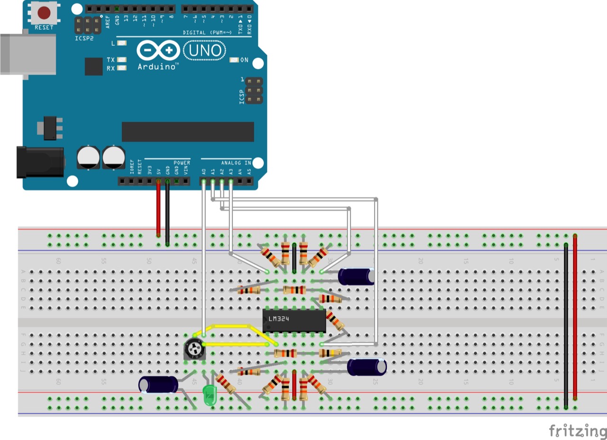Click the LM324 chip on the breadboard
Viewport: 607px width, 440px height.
coord(294,320)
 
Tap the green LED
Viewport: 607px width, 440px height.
coord(209,395)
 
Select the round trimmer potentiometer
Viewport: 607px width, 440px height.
coord(195,350)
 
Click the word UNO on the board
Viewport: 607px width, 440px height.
coord(205,50)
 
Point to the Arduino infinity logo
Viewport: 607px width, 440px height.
coord(158,50)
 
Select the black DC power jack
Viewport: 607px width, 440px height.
coord(40,162)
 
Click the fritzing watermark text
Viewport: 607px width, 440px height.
coord(578,431)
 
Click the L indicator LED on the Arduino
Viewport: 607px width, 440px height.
coord(122,43)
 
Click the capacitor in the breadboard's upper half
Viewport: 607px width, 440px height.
coord(356,277)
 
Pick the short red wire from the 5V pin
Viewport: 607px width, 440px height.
coord(158,209)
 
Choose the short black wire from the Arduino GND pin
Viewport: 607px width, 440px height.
coord(167,214)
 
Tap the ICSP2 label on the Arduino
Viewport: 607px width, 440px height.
coord(84,38)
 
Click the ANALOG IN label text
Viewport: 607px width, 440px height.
coord(236,163)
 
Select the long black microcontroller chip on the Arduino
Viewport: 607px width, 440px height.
coord(187,131)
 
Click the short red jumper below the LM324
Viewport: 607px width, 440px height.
coord(294,385)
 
